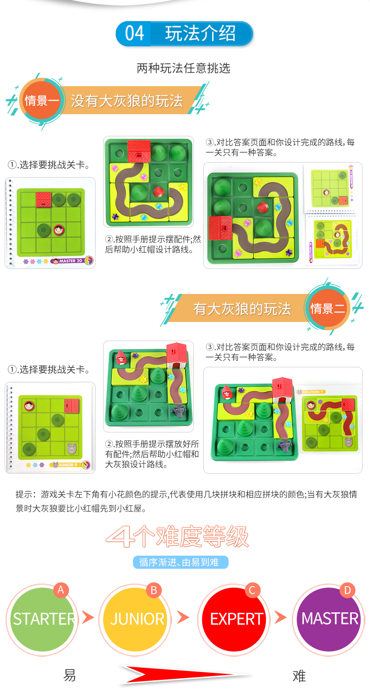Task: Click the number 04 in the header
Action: (134, 33)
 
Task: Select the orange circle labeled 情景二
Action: (327, 308)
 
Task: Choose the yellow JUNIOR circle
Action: (137, 619)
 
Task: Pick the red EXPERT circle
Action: (236, 619)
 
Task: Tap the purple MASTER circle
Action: (330, 619)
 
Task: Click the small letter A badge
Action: (61, 590)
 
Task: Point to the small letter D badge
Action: (348, 590)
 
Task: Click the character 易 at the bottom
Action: (69, 675)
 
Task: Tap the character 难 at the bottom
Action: (299, 676)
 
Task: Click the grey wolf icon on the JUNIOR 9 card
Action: (72, 448)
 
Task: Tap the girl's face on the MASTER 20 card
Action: (59, 230)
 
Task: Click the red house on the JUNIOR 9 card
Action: (72, 406)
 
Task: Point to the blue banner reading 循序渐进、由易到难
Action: (181, 562)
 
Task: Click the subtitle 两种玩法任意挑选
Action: (184, 68)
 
